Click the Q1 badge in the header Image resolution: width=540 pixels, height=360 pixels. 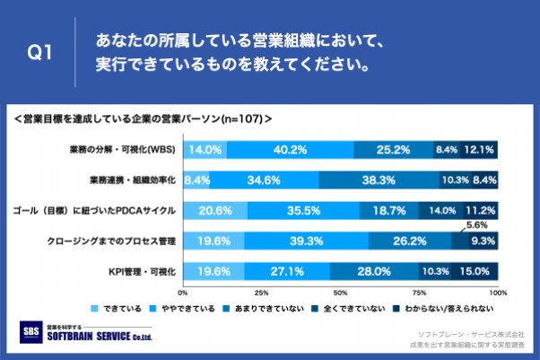pos(40,54)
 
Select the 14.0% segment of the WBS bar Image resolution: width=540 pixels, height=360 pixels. pos(205,150)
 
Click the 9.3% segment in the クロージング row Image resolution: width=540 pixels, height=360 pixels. pos(483,241)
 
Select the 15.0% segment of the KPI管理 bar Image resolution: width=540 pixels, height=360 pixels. pos(475,270)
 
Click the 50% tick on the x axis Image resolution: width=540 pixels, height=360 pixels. pos(341,293)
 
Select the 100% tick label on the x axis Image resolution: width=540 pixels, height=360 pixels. pos(498,293)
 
